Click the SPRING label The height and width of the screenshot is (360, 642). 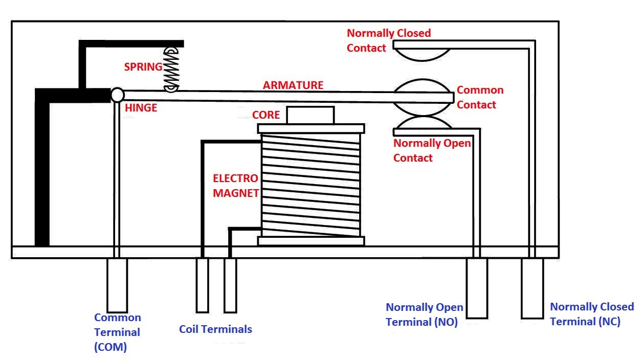pyautogui.click(x=143, y=67)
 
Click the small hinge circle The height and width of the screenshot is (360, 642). pyautogui.click(x=117, y=95)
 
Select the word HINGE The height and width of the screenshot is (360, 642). pyautogui.click(x=141, y=108)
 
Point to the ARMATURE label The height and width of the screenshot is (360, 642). pyautogui.click(x=293, y=85)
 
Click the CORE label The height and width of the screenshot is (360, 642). pyautogui.click(x=266, y=115)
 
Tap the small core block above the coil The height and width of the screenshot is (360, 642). pyautogui.click(x=310, y=115)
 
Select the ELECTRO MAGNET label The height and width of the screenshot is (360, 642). pyautogui.click(x=236, y=186)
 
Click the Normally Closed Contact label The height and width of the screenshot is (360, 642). pyautogui.click(x=389, y=40)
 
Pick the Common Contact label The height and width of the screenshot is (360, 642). pyautogui.click(x=479, y=97)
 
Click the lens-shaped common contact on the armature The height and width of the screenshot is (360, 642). pyautogui.click(x=423, y=97)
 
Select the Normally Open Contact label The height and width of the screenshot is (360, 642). pyautogui.click(x=431, y=150)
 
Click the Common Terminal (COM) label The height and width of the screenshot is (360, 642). pyautogui.click(x=117, y=332)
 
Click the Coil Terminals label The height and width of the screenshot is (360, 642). pyautogui.click(x=215, y=329)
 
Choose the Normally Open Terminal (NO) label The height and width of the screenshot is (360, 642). pyautogui.click(x=424, y=314)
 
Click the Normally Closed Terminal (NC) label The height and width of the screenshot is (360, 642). pyautogui.click(x=591, y=314)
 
